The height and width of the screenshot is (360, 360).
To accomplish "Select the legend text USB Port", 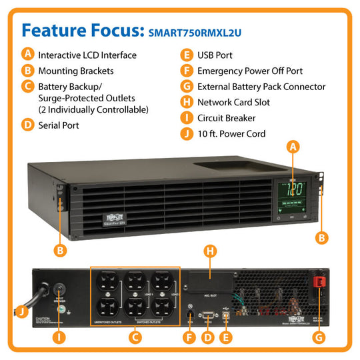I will click(x=215, y=55).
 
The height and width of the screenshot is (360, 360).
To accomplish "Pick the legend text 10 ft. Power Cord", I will click(x=231, y=134).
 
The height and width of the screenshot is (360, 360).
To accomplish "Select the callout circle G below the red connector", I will click(x=320, y=337).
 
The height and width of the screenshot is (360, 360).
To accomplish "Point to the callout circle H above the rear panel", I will click(x=210, y=251).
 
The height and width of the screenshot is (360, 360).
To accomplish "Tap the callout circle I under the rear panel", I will click(x=60, y=337).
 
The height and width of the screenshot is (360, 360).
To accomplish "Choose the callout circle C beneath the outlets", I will click(x=136, y=337).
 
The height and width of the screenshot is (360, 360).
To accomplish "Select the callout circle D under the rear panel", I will click(x=207, y=337).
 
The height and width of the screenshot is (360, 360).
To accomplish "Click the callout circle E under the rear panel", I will click(x=227, y=337).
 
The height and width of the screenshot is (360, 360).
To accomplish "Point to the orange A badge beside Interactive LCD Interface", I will click(x=27, y=55).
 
